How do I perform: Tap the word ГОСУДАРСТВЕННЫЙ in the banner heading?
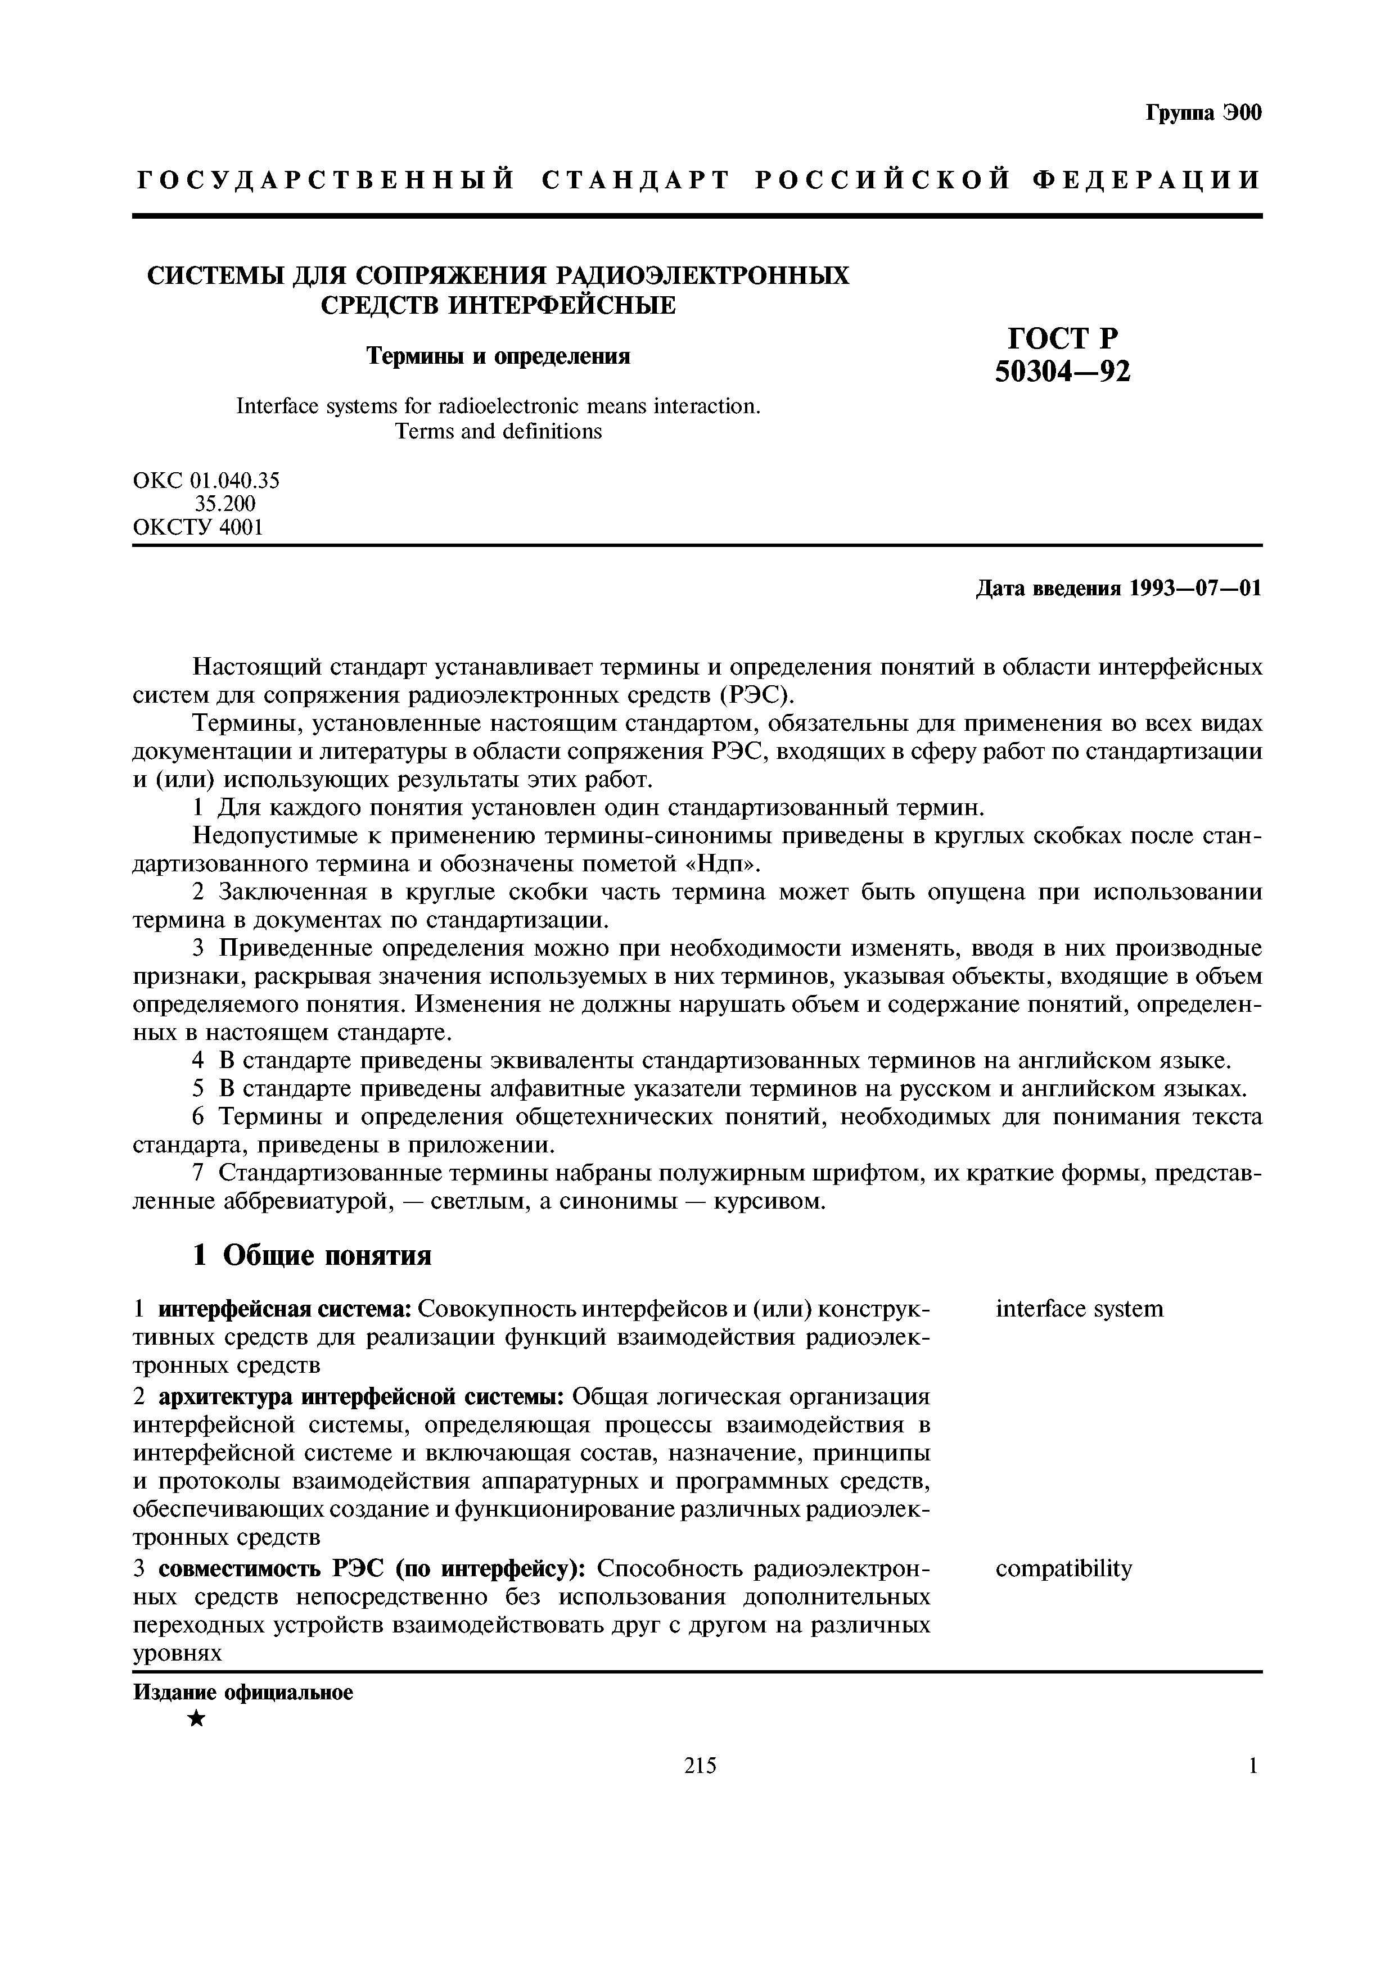pos(326,180)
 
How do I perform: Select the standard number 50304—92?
pos(1062,370)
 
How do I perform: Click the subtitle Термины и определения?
pos(498,356)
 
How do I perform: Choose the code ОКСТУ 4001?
pos(197,527)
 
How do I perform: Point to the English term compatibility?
pos(1063,1569)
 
